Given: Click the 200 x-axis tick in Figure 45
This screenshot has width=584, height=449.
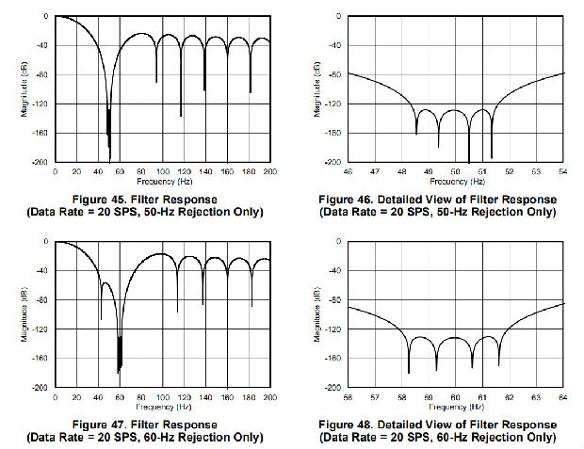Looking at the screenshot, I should coord(270,172).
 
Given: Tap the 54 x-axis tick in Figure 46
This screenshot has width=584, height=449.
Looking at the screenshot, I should coord(563,172).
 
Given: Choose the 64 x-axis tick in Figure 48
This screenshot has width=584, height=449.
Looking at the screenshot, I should coord(563,397).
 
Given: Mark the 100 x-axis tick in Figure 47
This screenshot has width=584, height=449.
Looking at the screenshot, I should coord(163,397).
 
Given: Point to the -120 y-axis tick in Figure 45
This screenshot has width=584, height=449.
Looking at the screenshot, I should coord(42,104).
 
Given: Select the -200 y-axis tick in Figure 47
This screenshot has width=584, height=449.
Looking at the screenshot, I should coord(42,388).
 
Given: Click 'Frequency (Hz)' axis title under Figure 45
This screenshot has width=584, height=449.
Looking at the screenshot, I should coord(163,181).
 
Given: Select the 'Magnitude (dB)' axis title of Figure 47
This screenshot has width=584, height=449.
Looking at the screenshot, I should coord(25,314).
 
